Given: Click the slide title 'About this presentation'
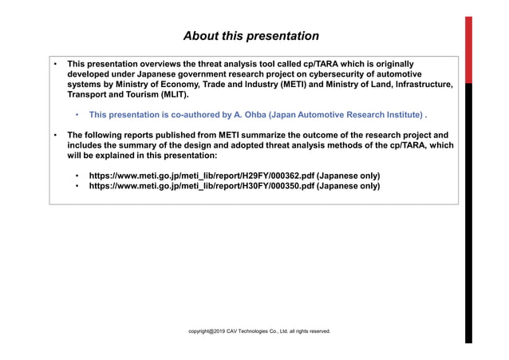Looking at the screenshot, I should click(x=251, y=36).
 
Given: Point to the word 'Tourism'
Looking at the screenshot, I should click(x=141, y=94).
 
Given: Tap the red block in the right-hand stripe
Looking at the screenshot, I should click(x=469, y=48).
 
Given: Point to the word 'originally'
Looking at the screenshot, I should click(x=394, y=62).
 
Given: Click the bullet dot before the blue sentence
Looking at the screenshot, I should click(x=77, y=115).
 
